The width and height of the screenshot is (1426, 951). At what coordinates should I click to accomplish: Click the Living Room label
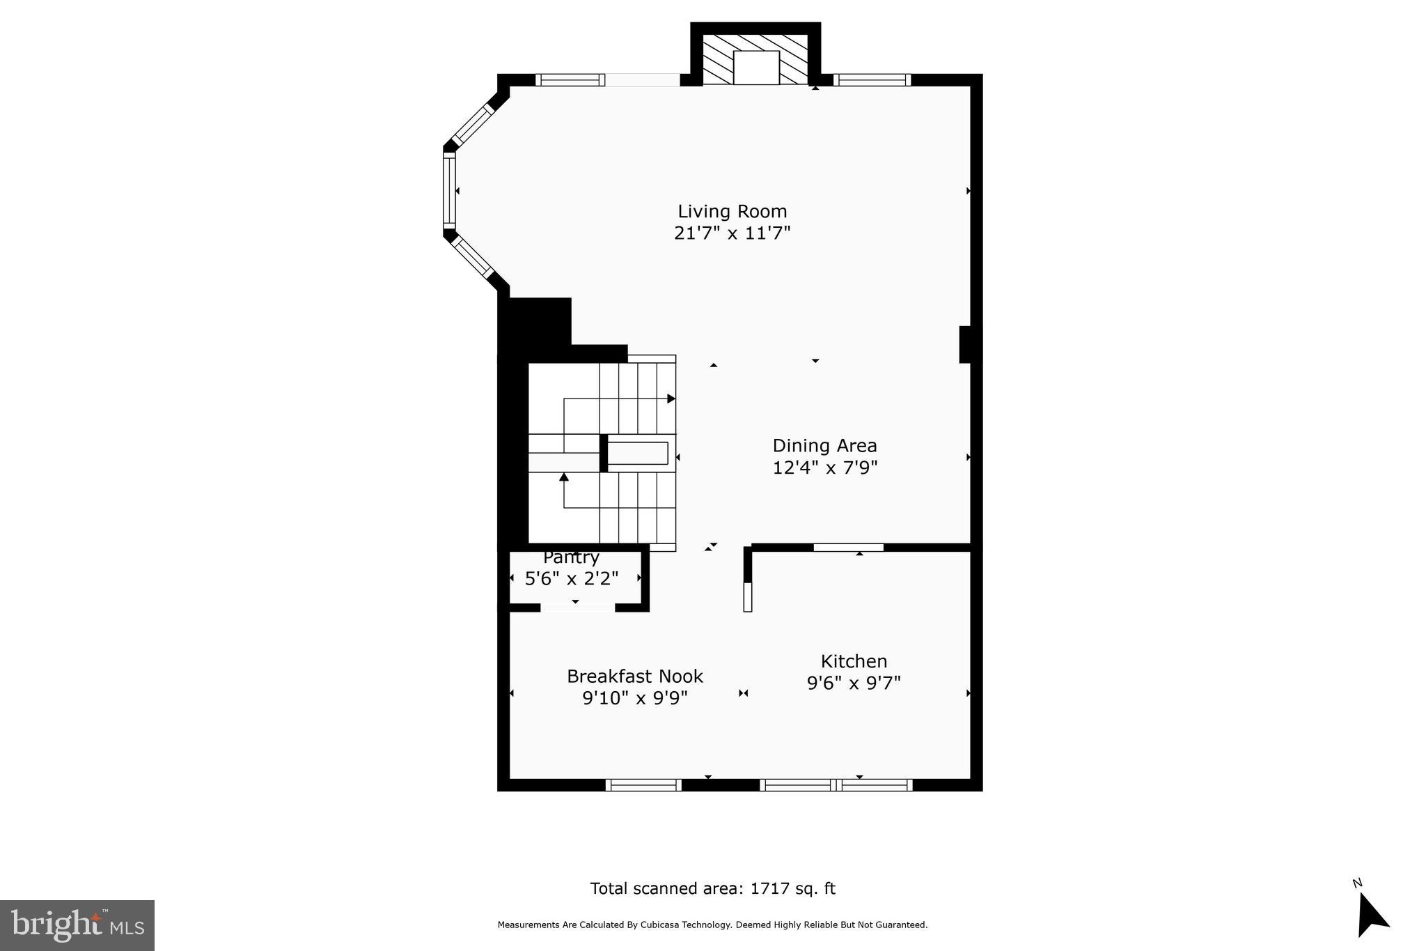click(732, 211)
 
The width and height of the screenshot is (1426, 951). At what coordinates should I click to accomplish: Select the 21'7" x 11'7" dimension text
click(732, 233)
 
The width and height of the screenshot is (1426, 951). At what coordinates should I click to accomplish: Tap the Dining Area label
click(824, 445)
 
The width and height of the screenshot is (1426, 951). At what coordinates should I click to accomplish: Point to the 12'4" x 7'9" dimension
click(824, 467)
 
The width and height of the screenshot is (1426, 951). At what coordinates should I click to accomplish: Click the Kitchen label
click(854, 661)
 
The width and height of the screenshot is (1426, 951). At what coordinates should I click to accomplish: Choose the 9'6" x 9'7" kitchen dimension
click(854, 683)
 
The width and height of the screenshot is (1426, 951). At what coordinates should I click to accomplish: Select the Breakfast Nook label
click(634, 676)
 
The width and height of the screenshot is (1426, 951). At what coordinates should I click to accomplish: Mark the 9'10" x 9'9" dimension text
click(634, 698)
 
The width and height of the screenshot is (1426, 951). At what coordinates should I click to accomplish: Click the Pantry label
click(571, 557)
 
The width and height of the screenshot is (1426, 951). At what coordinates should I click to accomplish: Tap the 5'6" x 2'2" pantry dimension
click(571, 578)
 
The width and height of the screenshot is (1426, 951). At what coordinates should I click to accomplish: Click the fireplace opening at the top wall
click(755, 68)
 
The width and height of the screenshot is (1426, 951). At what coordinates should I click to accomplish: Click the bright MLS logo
click(77, 925)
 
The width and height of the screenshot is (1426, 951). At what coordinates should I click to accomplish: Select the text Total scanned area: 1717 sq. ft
click(712, 888)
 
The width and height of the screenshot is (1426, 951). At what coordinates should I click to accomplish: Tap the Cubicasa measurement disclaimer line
click(712, 925)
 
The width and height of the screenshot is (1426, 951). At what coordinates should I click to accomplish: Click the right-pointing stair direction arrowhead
click(671, 399)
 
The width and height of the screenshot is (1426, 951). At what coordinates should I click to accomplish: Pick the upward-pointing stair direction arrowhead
click(564, 477)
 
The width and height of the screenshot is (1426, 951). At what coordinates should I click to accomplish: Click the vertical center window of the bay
click(449, 191)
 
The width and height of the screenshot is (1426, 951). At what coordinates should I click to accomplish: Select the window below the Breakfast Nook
click(643, 785)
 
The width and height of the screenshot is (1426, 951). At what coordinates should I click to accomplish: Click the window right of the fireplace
click(872, 79)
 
